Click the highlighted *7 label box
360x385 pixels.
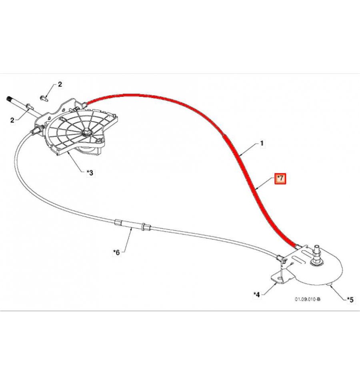280,179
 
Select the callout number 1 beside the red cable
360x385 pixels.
262,143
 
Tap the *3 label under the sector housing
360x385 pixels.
90,173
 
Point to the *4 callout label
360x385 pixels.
257,295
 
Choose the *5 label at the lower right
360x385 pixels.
350,299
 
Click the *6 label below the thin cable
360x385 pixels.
117,252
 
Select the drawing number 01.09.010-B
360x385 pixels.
308,299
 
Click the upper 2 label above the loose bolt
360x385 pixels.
60,84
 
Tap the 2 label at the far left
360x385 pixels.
12,120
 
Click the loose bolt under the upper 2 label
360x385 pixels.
44,98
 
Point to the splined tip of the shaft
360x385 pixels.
8,99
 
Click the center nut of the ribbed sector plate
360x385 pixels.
86,132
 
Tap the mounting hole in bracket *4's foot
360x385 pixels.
280,278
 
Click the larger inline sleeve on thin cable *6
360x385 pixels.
119,223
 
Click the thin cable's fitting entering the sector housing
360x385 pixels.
36,130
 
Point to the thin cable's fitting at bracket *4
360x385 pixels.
280,258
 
